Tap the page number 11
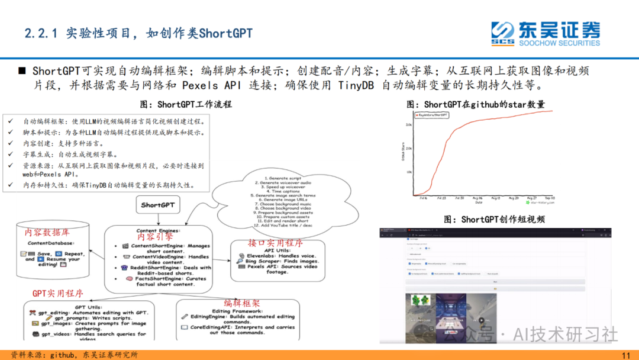point(626,355)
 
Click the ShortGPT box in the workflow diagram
point(158,205)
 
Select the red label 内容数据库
point(47,233)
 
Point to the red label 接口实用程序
point(276,243)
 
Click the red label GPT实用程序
point(58,293)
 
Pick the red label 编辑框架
point(241,303)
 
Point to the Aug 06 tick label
point(476,198)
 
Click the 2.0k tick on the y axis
point(408,149)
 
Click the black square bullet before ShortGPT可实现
point(21,71)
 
